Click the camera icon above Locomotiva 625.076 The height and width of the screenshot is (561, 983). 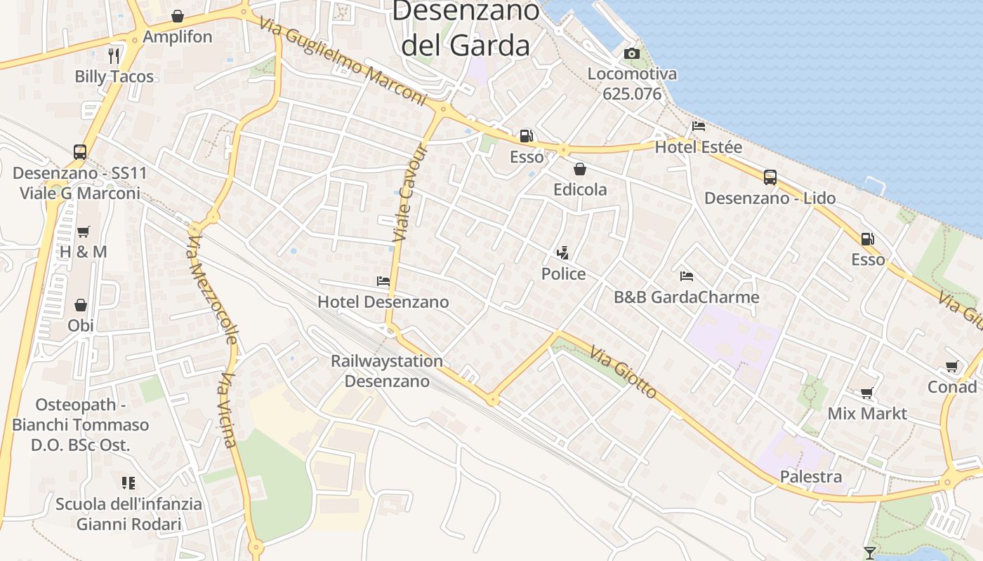(x=632, y=53)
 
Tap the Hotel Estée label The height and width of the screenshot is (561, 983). (x=698, y=147)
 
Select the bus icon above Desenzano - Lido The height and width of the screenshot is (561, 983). (x=770, y=177)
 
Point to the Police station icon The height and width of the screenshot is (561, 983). (x=562, y=253)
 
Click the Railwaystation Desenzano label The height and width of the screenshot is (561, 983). (x=387, y=371)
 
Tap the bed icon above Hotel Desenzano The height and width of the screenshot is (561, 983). (x=383, y=281)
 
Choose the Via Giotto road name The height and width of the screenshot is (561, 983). (x=624, y=372)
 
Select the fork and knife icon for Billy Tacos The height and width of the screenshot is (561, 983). (x=114, y=55)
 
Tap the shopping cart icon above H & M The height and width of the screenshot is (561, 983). (x=84, y=231)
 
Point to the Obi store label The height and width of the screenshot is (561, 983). (x=81, y=325)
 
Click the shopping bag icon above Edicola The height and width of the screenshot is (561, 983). (x=580, y=169)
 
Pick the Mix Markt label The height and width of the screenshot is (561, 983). (x=867, y=413)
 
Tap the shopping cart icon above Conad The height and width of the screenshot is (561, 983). (x=952, y=366)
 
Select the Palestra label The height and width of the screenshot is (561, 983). (x=811, y=477)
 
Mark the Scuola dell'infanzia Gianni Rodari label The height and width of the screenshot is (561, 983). (x=128, y=513)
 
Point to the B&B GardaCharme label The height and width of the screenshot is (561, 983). (x=687, y=297)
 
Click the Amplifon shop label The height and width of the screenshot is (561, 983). (x=178, y=36)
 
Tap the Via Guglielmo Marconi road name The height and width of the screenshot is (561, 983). (x=342, y=62)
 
